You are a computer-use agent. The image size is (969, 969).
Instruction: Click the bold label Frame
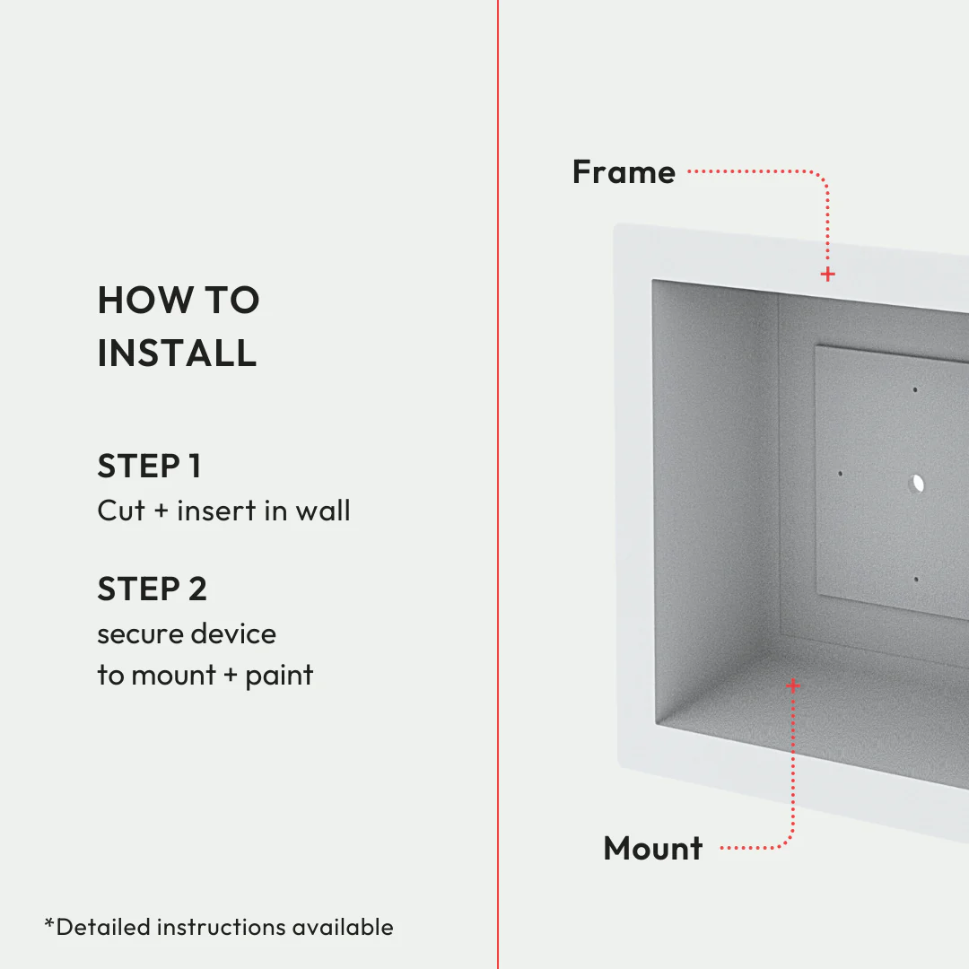[624, 171]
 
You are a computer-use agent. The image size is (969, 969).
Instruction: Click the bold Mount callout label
[653, 848]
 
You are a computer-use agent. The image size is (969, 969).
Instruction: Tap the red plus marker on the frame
[827, 274]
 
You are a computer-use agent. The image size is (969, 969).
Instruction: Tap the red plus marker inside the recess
[793, 685]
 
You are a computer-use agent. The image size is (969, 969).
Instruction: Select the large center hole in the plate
[916, 484]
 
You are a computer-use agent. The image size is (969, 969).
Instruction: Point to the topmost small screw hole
[915, 390]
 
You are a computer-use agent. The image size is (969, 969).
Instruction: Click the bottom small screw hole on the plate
[915, 580]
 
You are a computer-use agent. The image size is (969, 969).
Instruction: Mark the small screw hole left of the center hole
[840, 474]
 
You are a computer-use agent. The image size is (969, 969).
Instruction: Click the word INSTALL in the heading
[177, 353]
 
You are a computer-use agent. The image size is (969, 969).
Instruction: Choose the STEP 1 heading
[149, 467]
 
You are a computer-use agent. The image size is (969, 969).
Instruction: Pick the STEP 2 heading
[152, 589]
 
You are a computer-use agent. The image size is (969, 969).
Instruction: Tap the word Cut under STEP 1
[121, 511]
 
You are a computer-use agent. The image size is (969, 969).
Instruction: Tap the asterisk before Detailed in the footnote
[49, 922]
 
